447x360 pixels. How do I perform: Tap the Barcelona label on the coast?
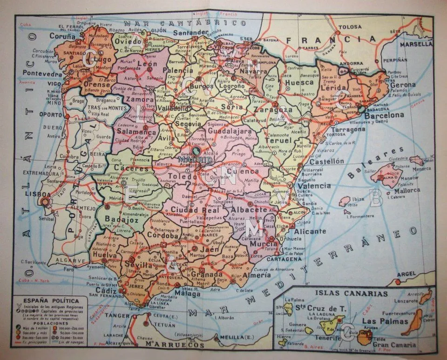coord(385,115)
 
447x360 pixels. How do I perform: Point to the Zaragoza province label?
coord(274,111)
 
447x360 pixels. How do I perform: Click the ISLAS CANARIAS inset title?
coord(352,293)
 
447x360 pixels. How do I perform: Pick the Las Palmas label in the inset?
coord(378,321)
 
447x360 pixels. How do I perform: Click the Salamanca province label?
coord(136,132)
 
